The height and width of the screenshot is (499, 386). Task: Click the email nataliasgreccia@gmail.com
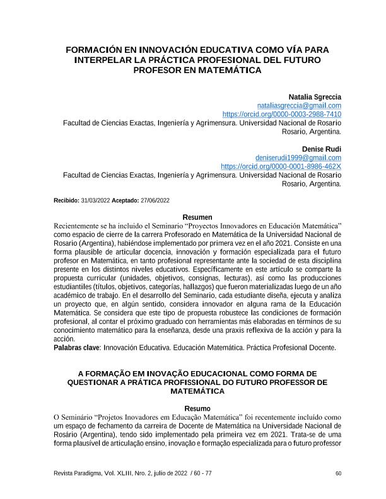[300, 105]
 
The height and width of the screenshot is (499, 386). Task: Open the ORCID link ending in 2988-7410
[282, 115]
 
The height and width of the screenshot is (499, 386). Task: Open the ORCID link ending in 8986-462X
[281, 166]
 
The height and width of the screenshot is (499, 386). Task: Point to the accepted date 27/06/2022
[155, 200]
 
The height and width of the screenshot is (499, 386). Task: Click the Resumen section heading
[197, 217]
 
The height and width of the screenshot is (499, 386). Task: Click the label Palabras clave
[77, 347]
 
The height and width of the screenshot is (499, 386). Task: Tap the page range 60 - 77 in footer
[200, 473]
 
